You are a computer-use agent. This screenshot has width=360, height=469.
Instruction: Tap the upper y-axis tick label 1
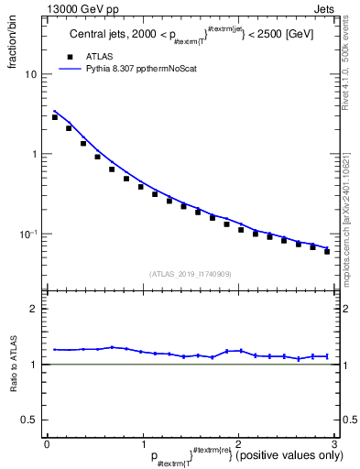coord(36,154)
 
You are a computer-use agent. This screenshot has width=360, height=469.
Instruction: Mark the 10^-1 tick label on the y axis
coord(30,234)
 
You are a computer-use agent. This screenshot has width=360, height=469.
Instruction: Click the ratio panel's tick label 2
coord(35,309)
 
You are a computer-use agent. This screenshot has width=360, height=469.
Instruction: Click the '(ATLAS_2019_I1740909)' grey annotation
coord(189,273)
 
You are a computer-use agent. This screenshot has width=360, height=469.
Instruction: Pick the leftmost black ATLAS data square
coord(55,117)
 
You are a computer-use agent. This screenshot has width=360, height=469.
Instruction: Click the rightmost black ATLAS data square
coord(327,251)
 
